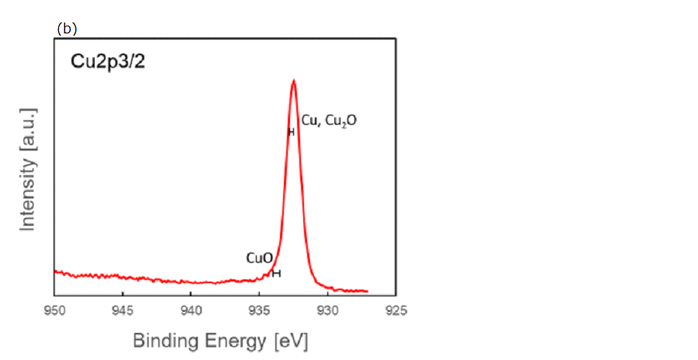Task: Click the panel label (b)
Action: point(67,29)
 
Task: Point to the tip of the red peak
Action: point(293,80)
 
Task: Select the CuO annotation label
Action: point(258,258)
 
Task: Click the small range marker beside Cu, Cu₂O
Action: point(291,132)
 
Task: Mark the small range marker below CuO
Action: point(276,273)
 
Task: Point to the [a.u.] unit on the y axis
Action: point(29,133)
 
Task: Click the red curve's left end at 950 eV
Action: point(55,271)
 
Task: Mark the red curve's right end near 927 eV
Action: point(368,291)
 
